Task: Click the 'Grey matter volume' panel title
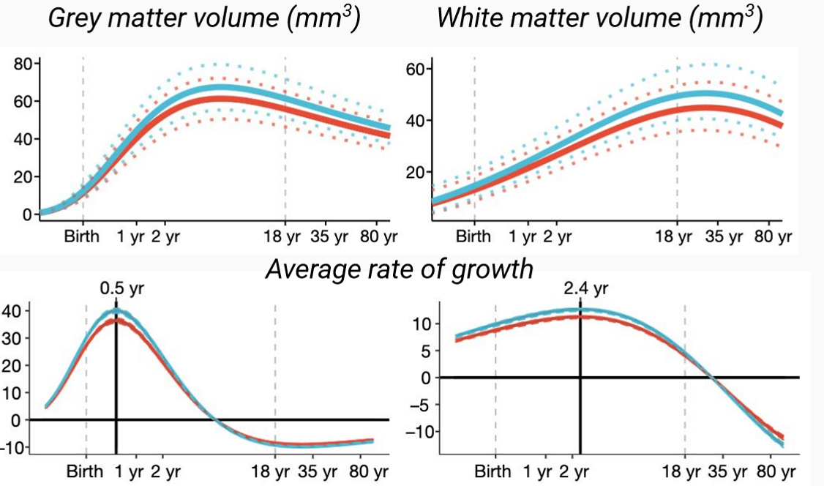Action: click(x=203, y=18)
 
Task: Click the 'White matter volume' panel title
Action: click(x=599, y=18)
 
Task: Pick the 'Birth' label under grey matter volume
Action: click(x=82, y=238)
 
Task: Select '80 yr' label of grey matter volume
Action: click(x=376, y=238)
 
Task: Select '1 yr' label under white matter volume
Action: click(x=523, y=237)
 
